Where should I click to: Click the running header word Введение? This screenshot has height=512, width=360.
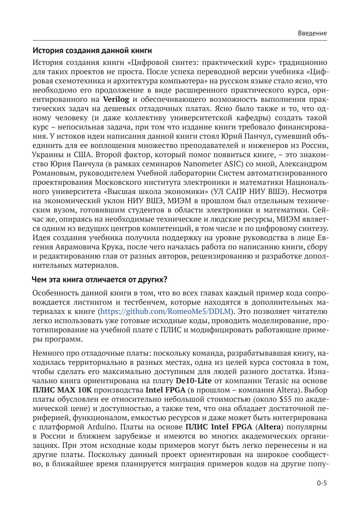click(312, 33)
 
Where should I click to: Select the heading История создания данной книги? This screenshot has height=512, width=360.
click(92, 50)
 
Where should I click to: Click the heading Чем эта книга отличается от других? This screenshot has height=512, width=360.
click(100, 279)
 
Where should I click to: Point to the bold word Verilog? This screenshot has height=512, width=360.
click(116, 99)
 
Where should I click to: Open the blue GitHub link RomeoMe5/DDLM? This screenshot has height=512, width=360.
click(165, 311)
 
